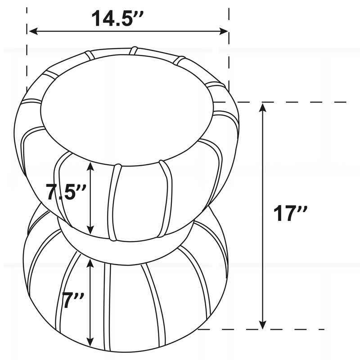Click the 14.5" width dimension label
click(117, 18)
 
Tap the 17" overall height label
click(290, 213)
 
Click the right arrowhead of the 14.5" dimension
click(224, 31)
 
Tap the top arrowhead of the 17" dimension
click(262, 107)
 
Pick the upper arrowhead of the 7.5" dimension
click(91, 166)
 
